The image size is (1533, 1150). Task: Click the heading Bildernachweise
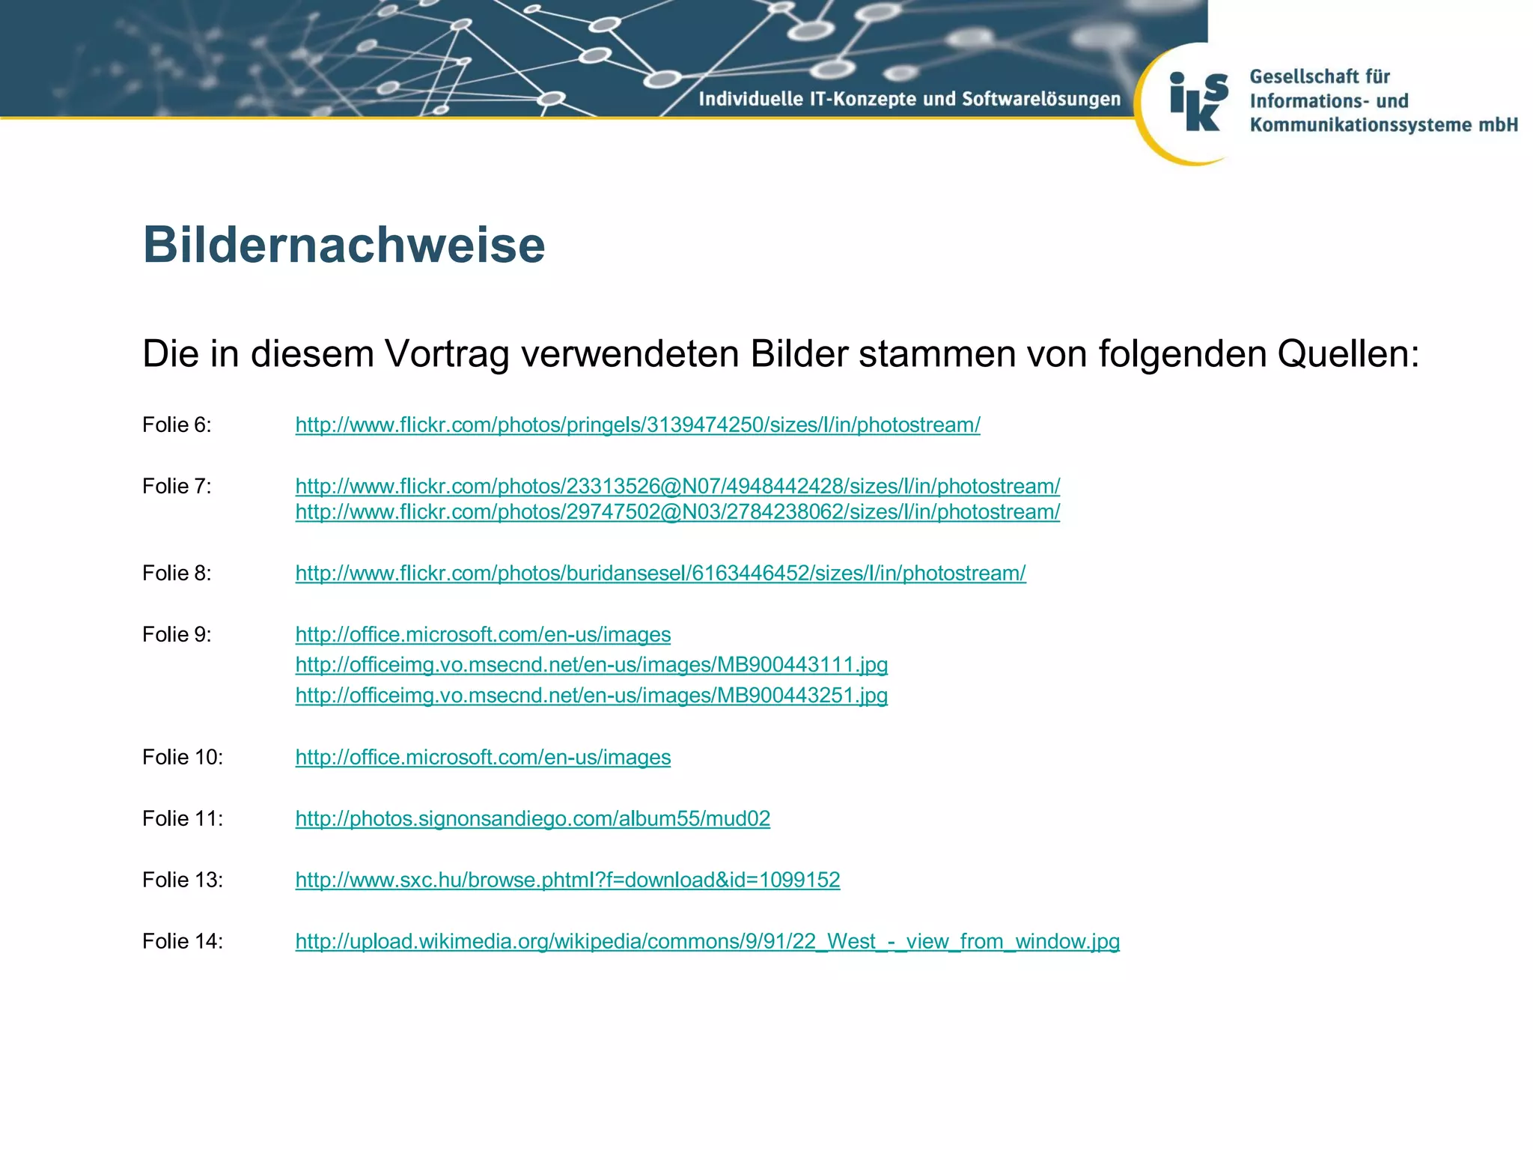tap(344, 245)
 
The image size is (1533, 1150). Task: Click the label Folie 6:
tap(177, 425)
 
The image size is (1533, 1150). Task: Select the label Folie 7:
tap(177, 487)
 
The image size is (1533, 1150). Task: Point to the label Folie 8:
tap(177, 574)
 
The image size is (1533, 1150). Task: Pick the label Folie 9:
tap(177, 635)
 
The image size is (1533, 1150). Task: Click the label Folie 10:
tap(183, 758)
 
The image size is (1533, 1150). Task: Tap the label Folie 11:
tap(183, 819)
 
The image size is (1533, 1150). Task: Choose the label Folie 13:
tap(183, 880)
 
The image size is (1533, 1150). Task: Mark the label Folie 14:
tap(183, 942)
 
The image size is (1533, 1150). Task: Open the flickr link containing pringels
tap(638, 425)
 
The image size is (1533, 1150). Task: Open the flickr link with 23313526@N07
tap(677, 487)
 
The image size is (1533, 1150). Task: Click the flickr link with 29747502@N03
tap(677, 512)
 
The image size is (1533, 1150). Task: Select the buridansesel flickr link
tap(660, 574)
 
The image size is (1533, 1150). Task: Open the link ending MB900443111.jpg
tap(591, 665)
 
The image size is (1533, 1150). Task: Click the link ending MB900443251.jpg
tap(591, 696)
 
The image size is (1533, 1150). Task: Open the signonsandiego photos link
tap(532, 819)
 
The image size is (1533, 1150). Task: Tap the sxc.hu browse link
tap(567, 880)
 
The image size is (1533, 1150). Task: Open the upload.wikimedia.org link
tap(707, 942)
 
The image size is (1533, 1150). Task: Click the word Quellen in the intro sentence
tap(1347, 353)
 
